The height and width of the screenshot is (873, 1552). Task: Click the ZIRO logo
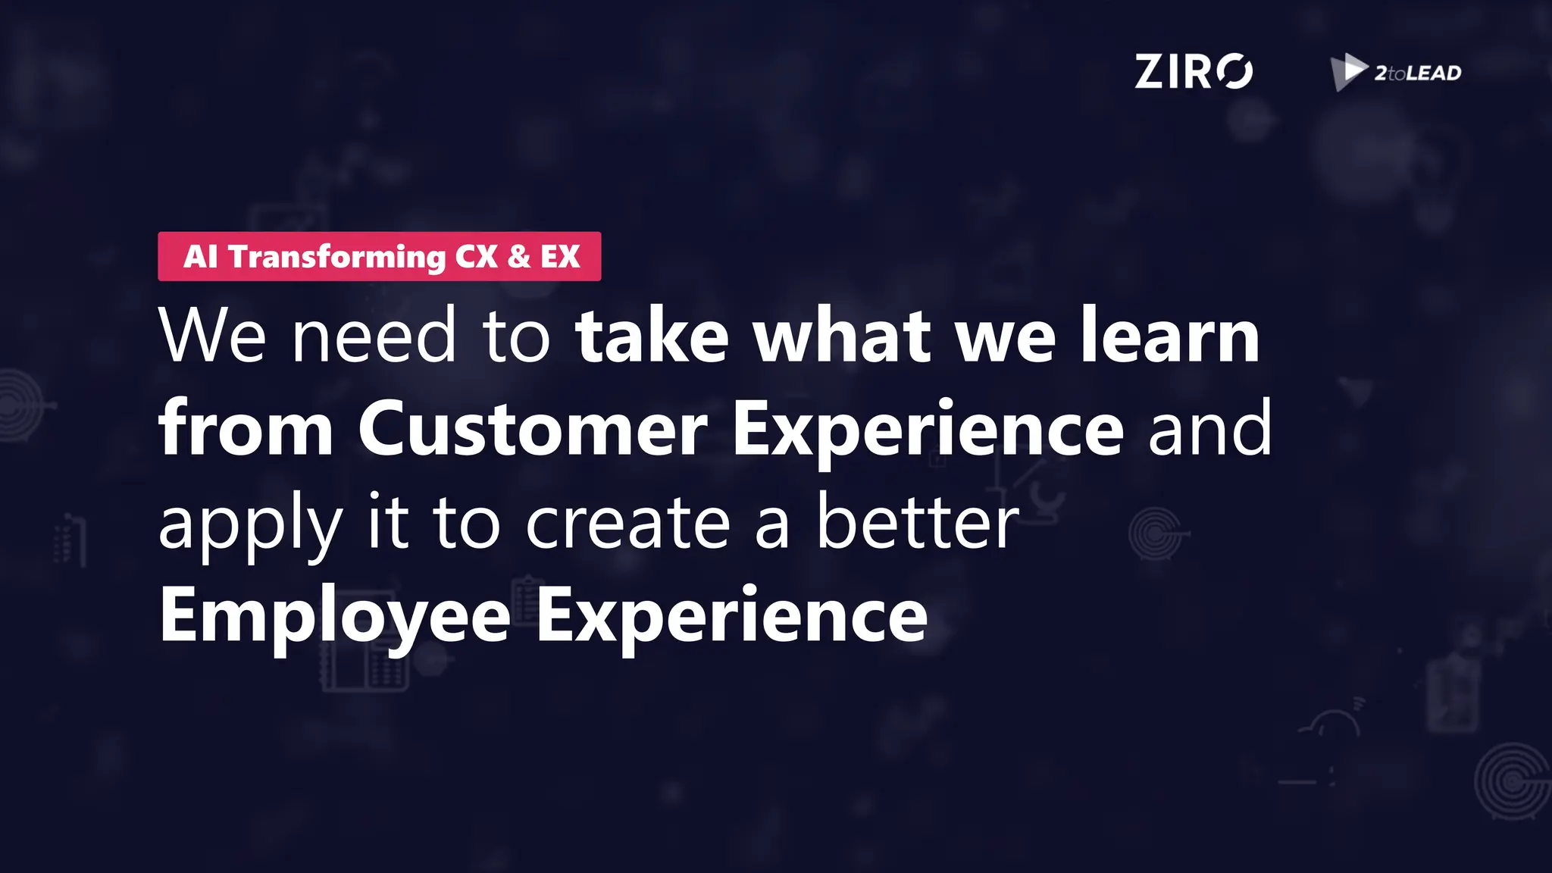pos(1193,72)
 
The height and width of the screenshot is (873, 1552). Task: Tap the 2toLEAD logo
pos(1396,73)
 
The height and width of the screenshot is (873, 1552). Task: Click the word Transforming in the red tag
pos(337,257)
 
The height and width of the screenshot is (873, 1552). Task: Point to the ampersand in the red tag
pos(519,257)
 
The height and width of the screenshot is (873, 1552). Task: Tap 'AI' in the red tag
pos(200,257)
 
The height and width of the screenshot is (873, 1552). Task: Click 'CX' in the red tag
pos(476,257)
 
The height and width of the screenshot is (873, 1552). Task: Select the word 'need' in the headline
pos(374,336)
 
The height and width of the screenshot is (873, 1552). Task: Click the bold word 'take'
pos(652,336)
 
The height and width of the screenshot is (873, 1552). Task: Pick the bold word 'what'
pos(841,336)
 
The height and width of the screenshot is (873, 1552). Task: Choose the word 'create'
pos(627,524)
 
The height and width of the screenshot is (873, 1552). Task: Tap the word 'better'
pos(917,522)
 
